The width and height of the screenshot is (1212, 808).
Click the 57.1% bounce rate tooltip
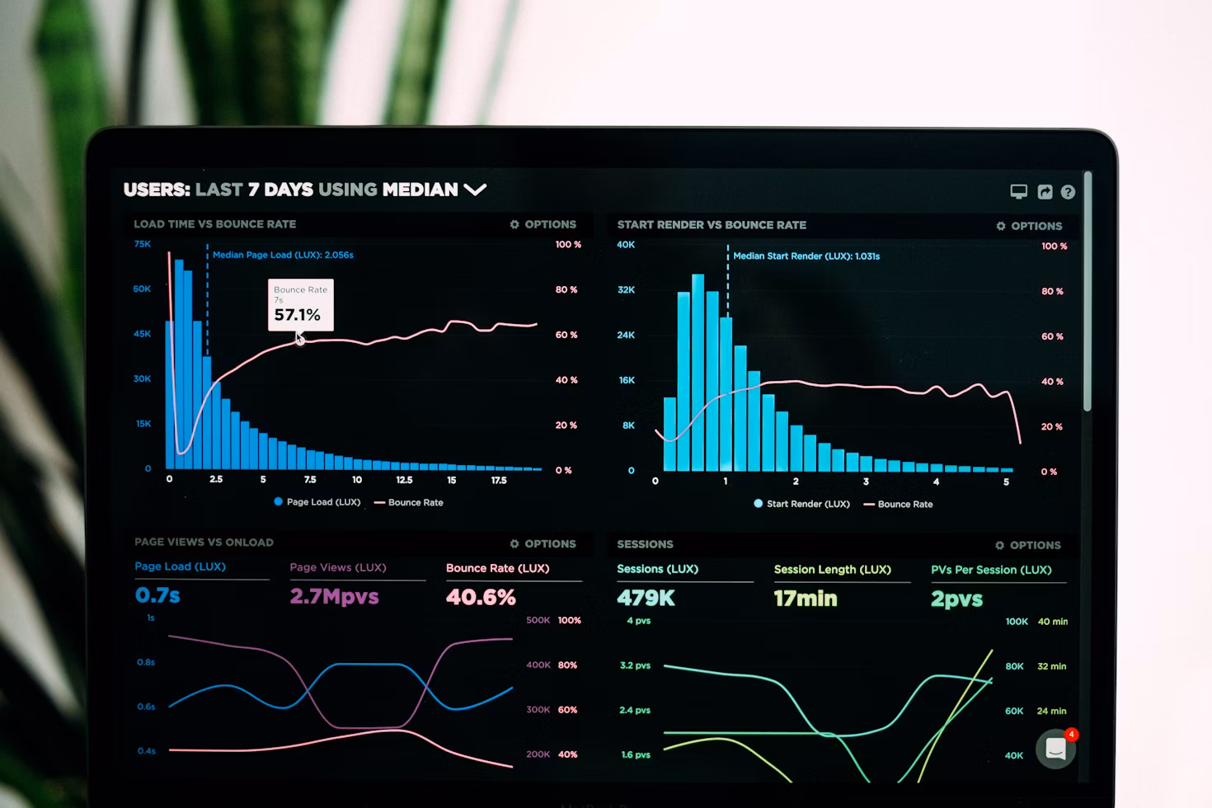(300, 305)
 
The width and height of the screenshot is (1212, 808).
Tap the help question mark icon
(1068, 192)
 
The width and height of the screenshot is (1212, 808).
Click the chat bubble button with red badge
(1056, 749)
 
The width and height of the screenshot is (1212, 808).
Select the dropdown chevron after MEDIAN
(475, 190)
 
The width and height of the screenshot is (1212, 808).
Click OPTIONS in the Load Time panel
(543, 224)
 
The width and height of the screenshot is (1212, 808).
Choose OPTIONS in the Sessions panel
(1028, 545)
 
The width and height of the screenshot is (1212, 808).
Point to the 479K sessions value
(646, 598)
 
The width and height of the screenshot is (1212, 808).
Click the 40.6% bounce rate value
(481, 597)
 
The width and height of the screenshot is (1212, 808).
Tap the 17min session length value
(805, 599)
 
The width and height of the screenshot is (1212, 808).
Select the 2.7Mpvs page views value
(334, 596)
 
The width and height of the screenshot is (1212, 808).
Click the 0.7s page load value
(157, 595)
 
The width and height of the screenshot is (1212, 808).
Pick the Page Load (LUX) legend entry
(317, 502)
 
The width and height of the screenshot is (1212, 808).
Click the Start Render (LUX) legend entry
(801, 504)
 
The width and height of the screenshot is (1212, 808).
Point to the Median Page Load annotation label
(283, 255)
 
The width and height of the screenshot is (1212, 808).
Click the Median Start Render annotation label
(806, 256)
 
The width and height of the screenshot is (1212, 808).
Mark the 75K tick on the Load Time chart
(143, 244)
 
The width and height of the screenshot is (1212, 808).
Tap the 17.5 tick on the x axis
(499, 480)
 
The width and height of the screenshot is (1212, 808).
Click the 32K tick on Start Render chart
(627, 290)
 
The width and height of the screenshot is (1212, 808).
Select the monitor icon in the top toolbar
(1019, 192)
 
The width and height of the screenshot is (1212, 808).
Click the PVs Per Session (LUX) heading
(991, 570)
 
